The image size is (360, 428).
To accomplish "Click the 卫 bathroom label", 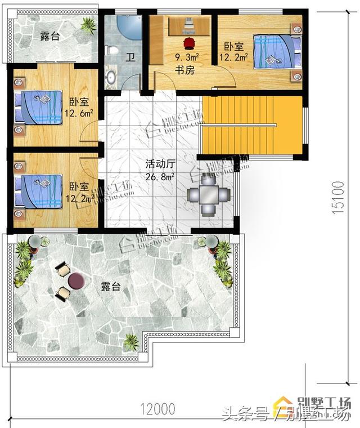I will (130, 57).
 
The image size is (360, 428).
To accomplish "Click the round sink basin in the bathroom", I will (111, 76).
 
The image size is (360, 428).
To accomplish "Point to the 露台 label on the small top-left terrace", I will (51, 36).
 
